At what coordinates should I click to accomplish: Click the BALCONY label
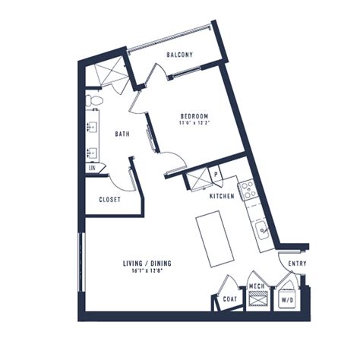pyautogui.click(x=179, y=55)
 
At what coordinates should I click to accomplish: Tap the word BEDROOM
pyautogui.click(x=194, y=116)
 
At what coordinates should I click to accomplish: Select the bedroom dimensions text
pyautogui.click(x=195, y=123)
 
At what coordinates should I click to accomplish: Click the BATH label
pyautogui.click(x=122, y=134)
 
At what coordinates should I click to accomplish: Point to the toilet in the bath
pyautogui.click(x=94, y=100)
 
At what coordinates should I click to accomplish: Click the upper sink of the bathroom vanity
pyautogui.click(x=92, y=127)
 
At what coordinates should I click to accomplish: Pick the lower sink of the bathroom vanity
pyautogui.click(x=92, y=153)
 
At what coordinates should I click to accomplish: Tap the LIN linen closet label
pyautogui.click(x=92, y=168)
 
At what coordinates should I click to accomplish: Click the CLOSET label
pyautogui.click(x=109, y=200)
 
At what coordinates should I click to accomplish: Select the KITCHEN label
pyautogui.click(x=222, y=196)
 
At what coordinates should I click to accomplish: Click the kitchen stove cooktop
pyautogui.click(x=248, y=190)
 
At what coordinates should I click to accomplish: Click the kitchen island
pyautogui.click(x=215, y=238)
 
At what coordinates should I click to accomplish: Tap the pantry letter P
pyautogui.click(x=216, y=174)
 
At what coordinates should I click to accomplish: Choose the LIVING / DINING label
pyautogui.click(x=147, y=264)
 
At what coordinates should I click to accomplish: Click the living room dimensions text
pyautogui.click(x=147, y=270)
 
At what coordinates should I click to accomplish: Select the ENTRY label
pyautogui.click(x=297, y=264)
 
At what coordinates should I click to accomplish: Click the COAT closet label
pyautogui.click(x=230, y=299)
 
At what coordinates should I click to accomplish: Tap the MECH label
pyautogui.click(x=257, y=286)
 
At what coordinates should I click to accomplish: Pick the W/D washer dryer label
pyautogui.click(x=287, y=301)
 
